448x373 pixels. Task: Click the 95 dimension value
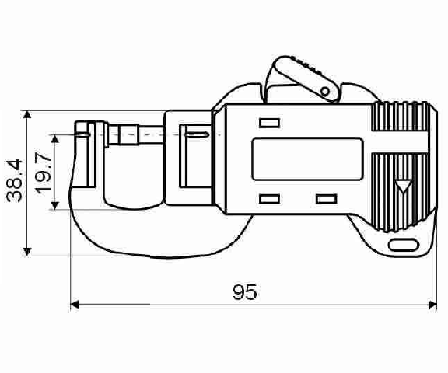245,291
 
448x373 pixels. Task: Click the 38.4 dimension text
14,180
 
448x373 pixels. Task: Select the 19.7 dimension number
43,173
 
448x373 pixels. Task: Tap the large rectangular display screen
308,159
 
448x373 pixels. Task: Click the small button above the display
269,123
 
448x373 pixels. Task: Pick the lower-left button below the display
269,199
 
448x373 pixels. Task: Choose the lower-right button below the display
327,199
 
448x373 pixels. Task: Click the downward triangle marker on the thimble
404,186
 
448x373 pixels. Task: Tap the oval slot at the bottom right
404,245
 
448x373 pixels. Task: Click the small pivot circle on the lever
325,92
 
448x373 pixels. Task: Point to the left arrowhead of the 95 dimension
75,305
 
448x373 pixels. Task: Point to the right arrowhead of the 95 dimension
432,305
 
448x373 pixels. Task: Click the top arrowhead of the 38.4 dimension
27,115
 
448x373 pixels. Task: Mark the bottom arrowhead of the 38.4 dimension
27,252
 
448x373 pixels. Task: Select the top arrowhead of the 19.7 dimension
55,138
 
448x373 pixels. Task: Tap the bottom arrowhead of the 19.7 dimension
55,205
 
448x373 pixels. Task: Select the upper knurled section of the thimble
400,117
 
